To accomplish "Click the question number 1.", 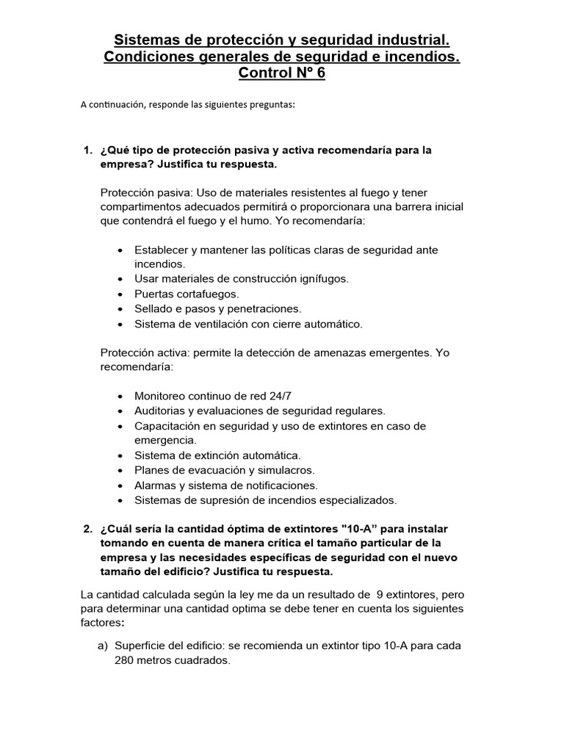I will (87, 150).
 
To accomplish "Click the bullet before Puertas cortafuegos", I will (120, 294).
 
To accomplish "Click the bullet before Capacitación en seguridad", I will (120, 426).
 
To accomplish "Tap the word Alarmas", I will (156, 485).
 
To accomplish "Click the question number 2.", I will (87, 529).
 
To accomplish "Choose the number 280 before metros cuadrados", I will (125, 660).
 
